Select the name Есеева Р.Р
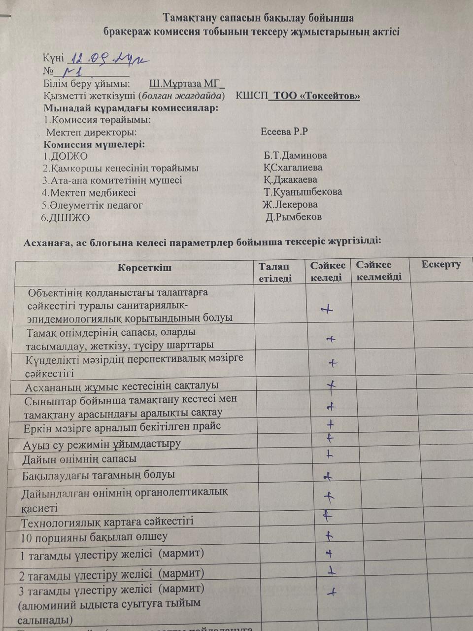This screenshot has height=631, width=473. click(284, 132)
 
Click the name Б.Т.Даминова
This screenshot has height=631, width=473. click(295, 156)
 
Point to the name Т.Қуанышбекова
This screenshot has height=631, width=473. click(303, 192)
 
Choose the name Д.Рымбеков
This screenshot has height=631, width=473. click(293, 217)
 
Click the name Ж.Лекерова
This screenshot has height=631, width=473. click(290, 205)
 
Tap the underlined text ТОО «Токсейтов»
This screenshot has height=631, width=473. click(316, 96)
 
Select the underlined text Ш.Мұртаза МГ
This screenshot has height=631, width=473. click(186, 83)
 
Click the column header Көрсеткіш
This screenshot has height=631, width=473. click(144, 268)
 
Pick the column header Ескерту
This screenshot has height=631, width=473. click(441, 264)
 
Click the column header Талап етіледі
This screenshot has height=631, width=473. click(275, 272)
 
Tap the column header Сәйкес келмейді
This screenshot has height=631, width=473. click(379, 271)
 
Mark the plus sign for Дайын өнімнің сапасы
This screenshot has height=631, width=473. click(330, 455)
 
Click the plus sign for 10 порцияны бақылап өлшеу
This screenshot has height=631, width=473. click(329, 535)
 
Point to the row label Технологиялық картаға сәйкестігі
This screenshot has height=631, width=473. click(107, 521)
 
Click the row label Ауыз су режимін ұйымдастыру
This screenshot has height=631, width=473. click(101, 444)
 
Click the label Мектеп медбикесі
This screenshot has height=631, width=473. click(89, 193)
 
